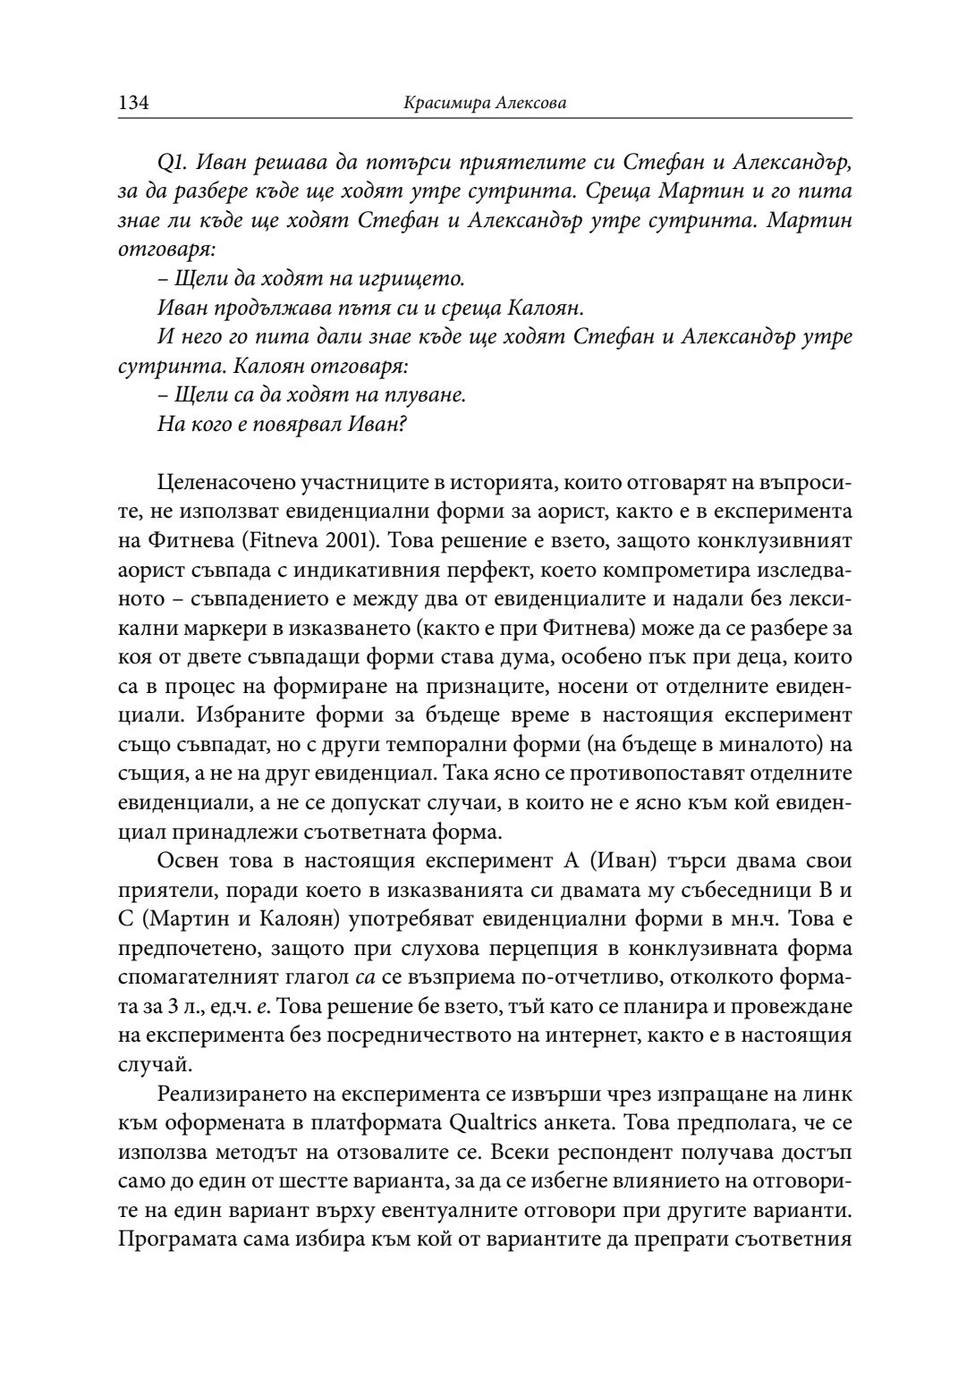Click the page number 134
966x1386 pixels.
[x=132, y=104]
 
